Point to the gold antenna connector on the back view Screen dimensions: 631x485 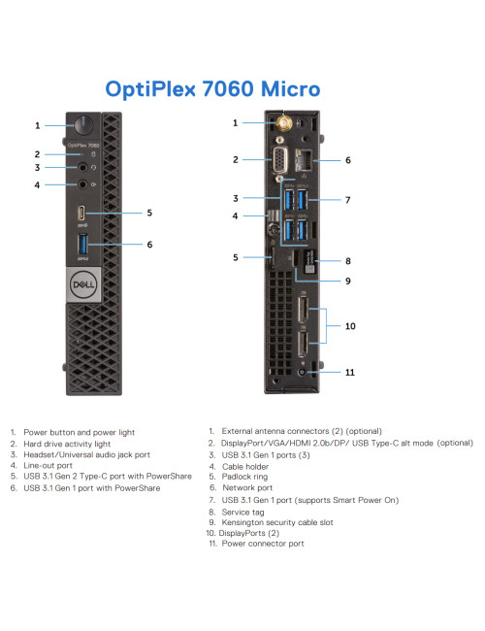click(x=286, y=123)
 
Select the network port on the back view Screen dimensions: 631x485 click(x=308, y=159)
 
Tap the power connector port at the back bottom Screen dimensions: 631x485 click(x=305, y=371)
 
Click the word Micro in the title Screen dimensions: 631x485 click(x=286, y=89)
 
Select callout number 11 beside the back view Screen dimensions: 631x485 click(x=351, y=371)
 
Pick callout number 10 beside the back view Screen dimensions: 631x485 click(x=351, y=327)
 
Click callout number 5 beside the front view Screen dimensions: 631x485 click(x=149, y=212)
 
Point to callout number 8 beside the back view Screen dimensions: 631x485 click(x=347, y=260)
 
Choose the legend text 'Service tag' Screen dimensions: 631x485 click(x=242, y=511)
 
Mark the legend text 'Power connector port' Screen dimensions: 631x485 click(x=262, y=544)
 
